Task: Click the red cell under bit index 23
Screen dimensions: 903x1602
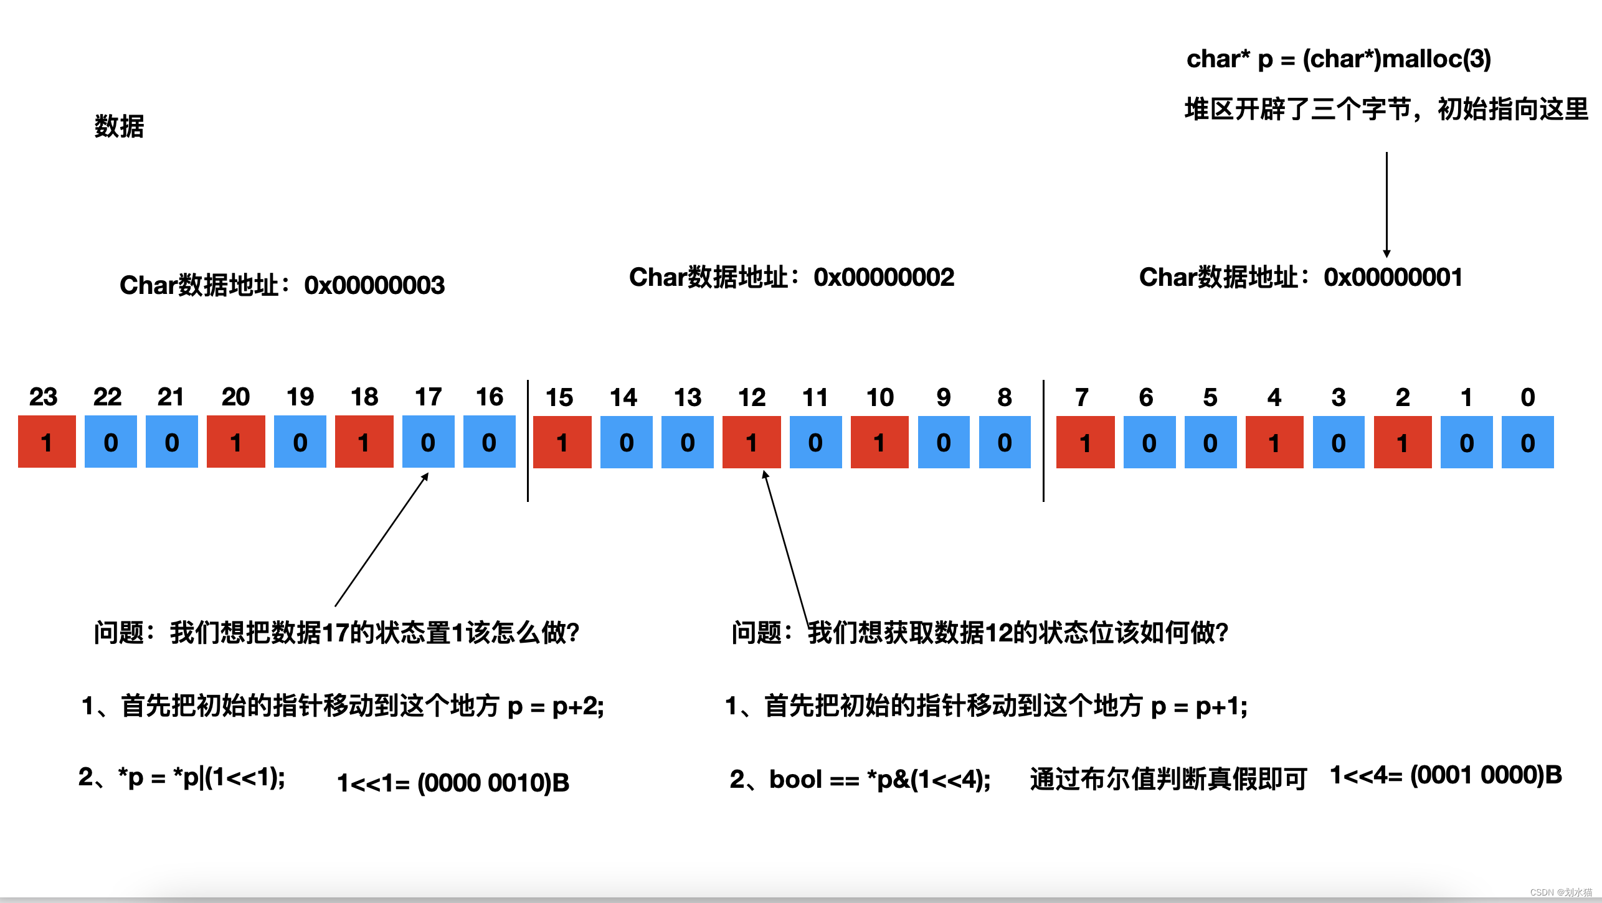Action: (47, 442)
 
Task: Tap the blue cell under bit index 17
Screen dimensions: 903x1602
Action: (428, 442)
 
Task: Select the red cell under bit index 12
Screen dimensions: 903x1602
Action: (751, 442)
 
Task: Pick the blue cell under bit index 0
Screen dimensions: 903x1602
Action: (1527, 442)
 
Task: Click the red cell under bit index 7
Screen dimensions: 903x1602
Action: (1085, 442)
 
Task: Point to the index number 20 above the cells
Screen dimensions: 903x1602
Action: (235, 397)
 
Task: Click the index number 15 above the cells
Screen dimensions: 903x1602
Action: (559, 397)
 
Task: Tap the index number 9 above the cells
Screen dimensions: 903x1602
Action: (943, 397)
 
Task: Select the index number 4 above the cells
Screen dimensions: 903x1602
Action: (1274, 397)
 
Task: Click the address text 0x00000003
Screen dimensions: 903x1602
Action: (374, 285)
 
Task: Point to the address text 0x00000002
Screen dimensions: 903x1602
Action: (883, 277)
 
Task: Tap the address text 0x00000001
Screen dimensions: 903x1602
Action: (1393, 277)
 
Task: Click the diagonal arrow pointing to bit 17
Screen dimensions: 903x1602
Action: (381, 539)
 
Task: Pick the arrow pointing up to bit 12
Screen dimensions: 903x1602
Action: (786, 548)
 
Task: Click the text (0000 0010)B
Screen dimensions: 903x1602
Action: (493, 783)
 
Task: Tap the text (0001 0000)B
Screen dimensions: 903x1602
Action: (1486, 775)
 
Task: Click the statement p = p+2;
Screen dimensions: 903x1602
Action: (556, 706)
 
